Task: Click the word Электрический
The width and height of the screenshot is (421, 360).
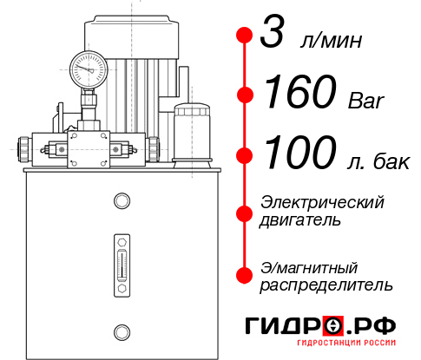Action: [322, 202]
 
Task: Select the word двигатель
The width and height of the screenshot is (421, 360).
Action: [300, 220]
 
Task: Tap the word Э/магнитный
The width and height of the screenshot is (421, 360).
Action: [310, 266]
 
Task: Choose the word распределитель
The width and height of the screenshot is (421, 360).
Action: [326, 285]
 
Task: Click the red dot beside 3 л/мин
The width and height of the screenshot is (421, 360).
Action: [245, 36]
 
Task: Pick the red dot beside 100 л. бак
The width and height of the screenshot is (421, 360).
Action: [245, 154]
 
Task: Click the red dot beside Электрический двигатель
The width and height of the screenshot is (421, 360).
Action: [245, 211]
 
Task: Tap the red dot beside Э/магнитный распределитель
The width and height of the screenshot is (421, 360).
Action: [245, 275]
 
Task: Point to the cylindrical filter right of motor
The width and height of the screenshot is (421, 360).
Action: [191, 133]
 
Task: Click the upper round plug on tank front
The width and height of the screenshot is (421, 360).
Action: [122, 202]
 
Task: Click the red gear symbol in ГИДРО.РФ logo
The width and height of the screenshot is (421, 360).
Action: [332, 324]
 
